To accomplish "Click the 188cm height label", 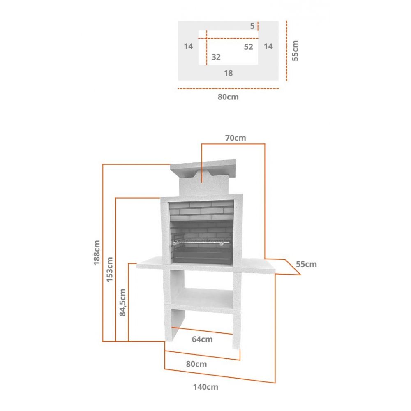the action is (97, 253).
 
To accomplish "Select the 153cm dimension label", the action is (110, 270).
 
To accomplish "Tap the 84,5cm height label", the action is (122, 302).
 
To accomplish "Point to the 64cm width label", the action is (202, 339).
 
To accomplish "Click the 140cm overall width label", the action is (206, 387).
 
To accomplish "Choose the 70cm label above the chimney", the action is (236, 138).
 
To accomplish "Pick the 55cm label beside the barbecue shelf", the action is (306, 264).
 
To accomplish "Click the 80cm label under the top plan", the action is (228, 97).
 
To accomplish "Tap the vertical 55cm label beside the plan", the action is (295, 51).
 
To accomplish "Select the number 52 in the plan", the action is (249, 47).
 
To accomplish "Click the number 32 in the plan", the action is (216, 57).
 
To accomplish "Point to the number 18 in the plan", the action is (228, 73).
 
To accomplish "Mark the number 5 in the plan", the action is (252, 26).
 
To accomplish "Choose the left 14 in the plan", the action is (189, 46).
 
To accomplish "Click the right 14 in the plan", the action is (268, 46).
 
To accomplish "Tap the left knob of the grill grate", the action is (175, 244).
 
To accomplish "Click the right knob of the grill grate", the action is (222, 244).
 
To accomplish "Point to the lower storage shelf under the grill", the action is (202, 299).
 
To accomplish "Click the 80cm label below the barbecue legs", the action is (196, 364).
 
